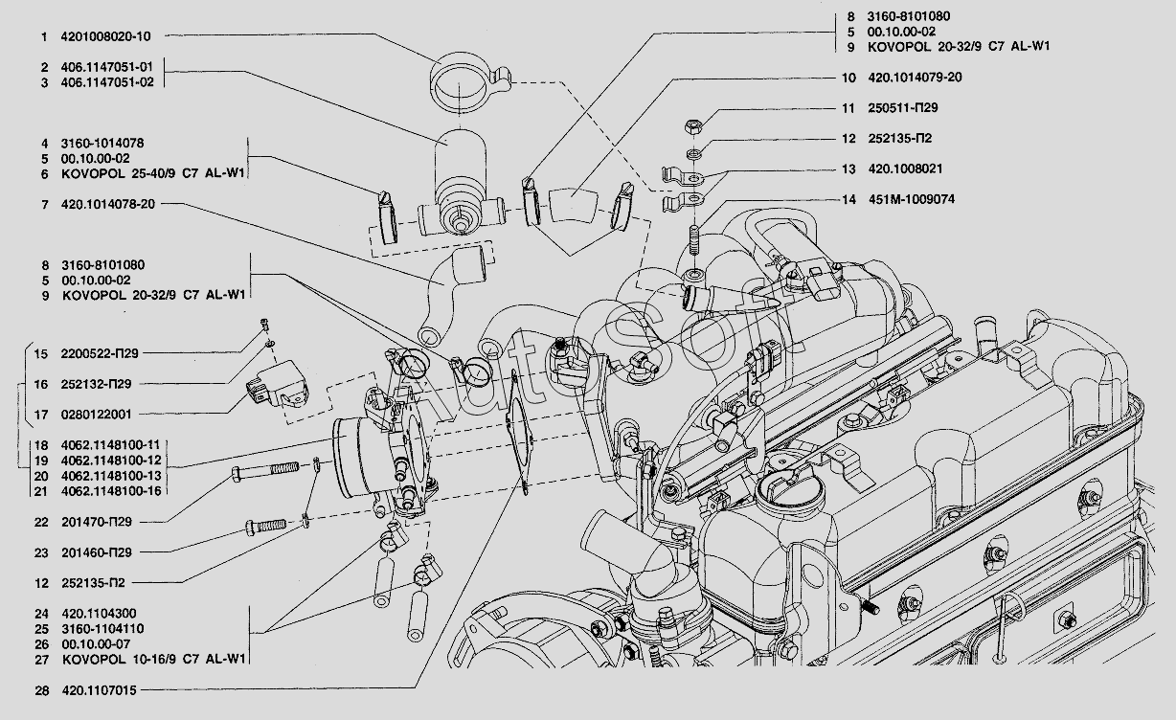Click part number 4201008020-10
coord(105,36)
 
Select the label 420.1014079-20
coord(915,78)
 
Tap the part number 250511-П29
coord(902,108)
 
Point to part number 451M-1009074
coord(912,199)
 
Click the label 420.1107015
coord(100,690)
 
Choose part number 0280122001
coord(96,415)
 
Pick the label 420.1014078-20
coord(108,204)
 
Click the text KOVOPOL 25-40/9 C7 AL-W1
coord(153,173)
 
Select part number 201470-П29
coord(97,522)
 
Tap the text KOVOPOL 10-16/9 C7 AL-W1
coord(154,660)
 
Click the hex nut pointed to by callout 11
coord(693,126)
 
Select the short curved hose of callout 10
coord(574,206)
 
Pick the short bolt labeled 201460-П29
coord(266,527)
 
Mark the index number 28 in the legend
coord(42,690)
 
